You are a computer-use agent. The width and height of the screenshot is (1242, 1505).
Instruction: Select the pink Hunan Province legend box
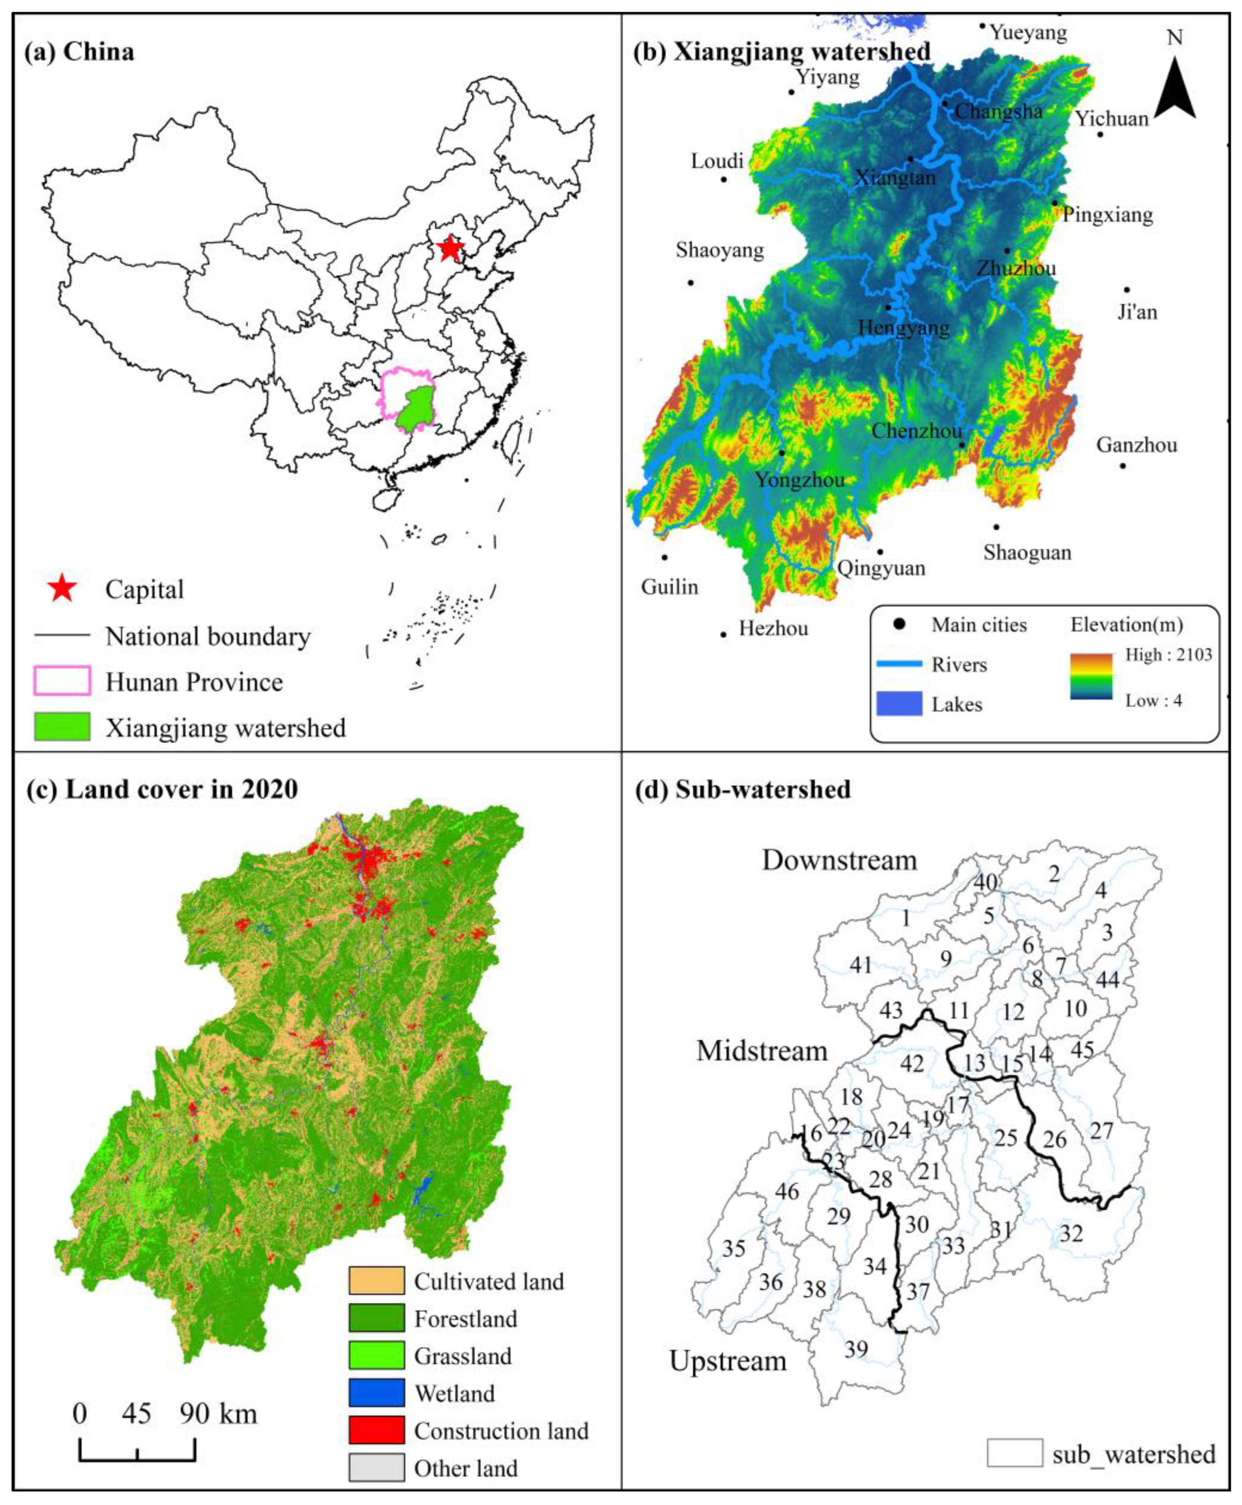(x=62, y=681)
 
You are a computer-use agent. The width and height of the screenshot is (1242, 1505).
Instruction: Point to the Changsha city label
(x=998, y=111)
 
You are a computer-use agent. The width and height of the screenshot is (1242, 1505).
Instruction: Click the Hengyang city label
(x=904, y=328)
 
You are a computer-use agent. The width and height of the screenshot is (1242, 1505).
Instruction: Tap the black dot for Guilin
(x=664, y=557)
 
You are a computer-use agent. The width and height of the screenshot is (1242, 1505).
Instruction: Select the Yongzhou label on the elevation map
(x=800, y=479)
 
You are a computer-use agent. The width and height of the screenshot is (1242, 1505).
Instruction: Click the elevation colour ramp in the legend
(x=1091, y=675)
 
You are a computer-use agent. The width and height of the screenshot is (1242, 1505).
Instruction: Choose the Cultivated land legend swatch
(x=376, y=1280)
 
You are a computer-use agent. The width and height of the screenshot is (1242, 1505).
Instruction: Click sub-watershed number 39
(x=856, y=1349)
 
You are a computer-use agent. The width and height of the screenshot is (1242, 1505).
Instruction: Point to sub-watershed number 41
(x=861, y=965)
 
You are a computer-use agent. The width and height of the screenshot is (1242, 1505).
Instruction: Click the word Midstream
(x=762, y=1050)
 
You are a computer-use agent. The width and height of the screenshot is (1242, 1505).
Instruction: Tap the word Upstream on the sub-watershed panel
(x=728, y=1360)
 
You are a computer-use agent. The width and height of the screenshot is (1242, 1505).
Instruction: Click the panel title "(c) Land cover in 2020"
(x=162, y=789)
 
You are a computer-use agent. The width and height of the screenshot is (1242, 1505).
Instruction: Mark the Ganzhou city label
(x=1136, y=445)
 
